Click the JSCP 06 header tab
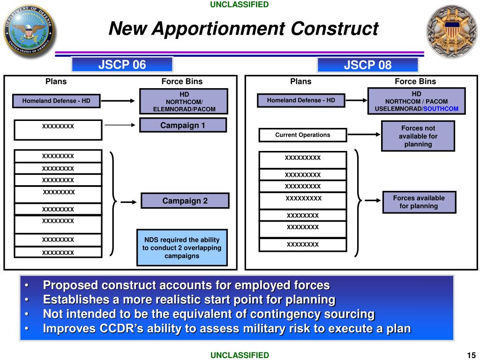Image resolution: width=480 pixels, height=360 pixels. tap(122, 65)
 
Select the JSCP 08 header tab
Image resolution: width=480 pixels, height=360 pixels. tap(367, 65)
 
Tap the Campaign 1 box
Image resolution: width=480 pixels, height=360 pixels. tap(183, 125)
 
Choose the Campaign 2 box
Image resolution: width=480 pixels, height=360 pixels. tap(185, 201)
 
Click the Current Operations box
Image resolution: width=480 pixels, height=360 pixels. tap(302, 135)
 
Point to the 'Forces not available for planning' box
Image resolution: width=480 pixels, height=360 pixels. tap(418, 136)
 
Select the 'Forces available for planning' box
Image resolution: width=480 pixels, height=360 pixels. tap(419, 202)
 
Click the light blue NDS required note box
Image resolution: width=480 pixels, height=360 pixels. tap(182, 248)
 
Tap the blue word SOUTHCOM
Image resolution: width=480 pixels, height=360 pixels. tap(441, 109)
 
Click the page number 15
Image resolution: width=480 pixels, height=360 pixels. tap(471, 354)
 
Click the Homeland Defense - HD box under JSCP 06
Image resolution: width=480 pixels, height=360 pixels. tap(56, 101)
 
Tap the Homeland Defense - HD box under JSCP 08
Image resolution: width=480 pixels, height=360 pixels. tap(300, 100)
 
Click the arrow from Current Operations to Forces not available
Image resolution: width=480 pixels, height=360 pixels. tap(364, 135)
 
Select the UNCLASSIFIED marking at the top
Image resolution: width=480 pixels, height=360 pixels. tap(240, 5)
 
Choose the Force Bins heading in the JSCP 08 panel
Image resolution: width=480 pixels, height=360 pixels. tap(415, 82)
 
